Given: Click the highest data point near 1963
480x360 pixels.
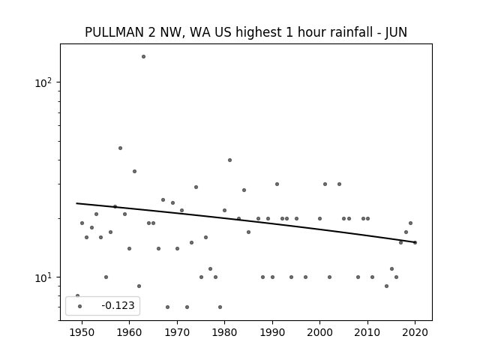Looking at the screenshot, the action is [x=143, y=57].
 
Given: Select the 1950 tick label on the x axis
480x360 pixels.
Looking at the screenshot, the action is [x=82, y=332].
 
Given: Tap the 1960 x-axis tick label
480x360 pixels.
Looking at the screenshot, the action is [x=129, y=332].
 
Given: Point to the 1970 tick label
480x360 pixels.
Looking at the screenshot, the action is [x=177, y=332].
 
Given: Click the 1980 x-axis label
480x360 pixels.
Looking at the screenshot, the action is [x=224, y=332].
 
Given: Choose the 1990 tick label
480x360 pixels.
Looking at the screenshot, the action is [x=272, y=332].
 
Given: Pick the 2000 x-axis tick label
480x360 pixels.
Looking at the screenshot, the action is [x=320, y=332].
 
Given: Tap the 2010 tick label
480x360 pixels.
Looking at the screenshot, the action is [x=367, y=332].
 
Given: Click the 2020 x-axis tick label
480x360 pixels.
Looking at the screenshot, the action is [x=415, y=332].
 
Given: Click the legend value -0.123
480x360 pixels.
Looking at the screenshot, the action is [x=118, y=305].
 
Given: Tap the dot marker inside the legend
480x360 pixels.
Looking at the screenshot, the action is [x=80, y=306].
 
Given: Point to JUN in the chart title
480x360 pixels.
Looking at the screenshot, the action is [x=396, y=32].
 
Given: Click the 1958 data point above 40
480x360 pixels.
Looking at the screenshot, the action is [x=120, y=148].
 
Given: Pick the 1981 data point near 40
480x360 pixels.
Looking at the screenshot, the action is [x=230, y=160].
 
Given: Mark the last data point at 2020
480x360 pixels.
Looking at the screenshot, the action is [x=415, y=242].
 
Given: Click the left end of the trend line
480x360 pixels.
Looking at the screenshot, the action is [x=76, y=203].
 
